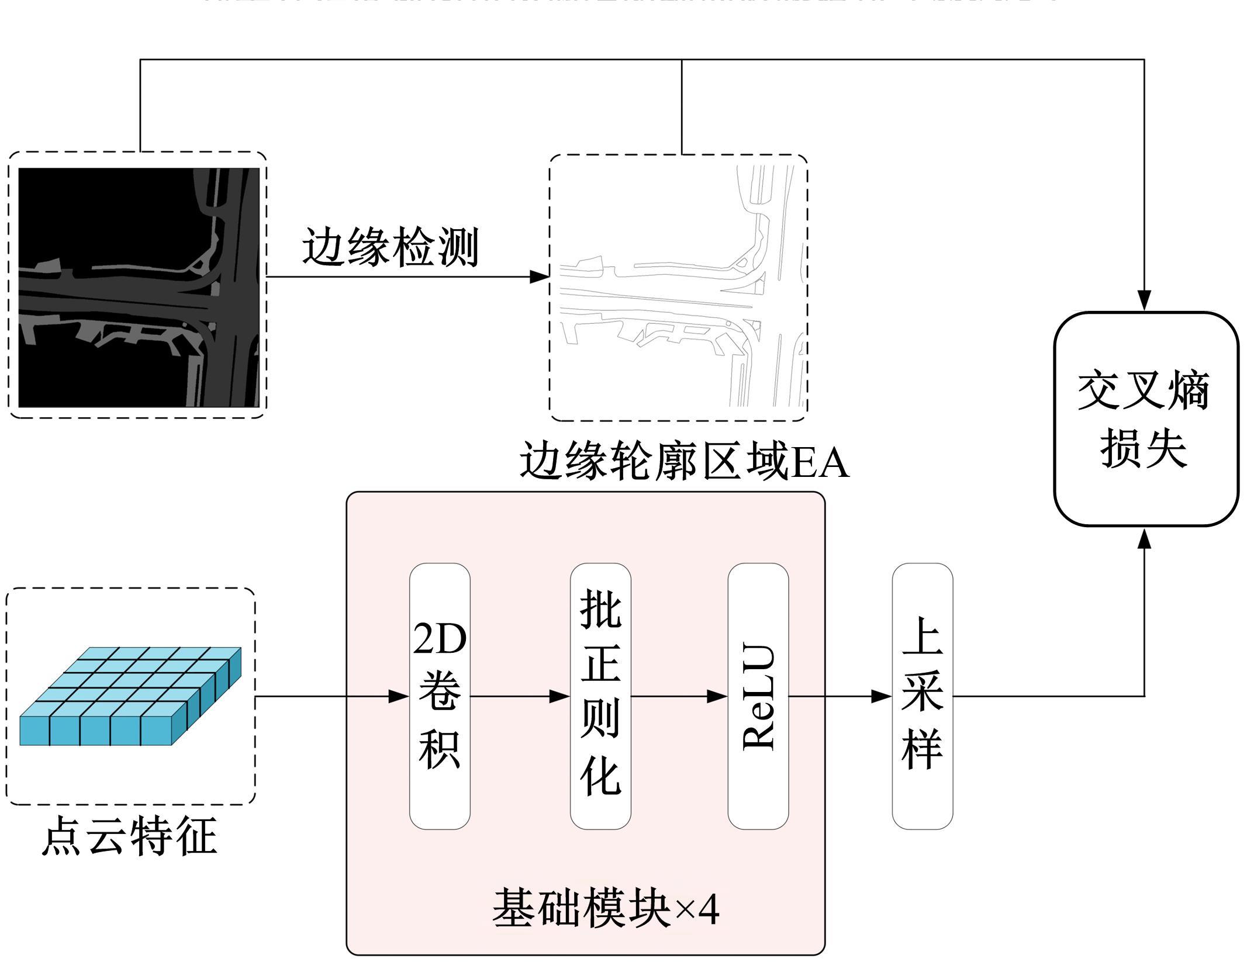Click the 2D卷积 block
(x=440, y=695)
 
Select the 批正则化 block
(x=600, y=695)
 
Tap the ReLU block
(x=758, y=695)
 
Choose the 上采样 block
(x=922, y=695)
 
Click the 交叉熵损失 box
(x=1146, y=419)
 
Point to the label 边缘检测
(x=391, y=248)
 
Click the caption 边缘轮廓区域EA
(x=684, y=462)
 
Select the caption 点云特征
(x=129, y=836)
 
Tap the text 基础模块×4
(x=605, y=908)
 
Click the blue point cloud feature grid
(x=130, y=695)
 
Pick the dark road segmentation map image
(x=139, y=287)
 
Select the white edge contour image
(x=678, y=287)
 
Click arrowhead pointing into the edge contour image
(x=540, y=276)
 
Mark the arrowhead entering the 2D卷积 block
(x=399, y=696)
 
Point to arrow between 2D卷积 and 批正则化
(x=520, y=696)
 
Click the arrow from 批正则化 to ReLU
(x=679, y=696)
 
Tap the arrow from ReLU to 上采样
(x=840, y=696)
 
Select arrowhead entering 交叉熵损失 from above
(x=1144, y=300)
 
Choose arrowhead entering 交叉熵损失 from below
(x=1144, y=538)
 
